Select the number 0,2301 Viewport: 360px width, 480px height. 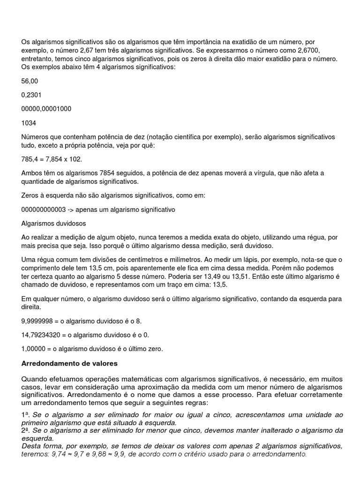[31, 95]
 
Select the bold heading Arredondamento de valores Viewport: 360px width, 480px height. [70, 363]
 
